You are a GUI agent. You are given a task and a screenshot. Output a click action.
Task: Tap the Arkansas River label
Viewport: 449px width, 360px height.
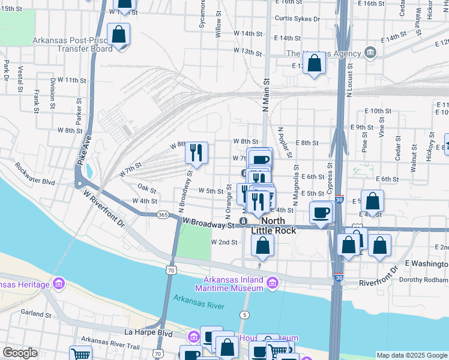199,302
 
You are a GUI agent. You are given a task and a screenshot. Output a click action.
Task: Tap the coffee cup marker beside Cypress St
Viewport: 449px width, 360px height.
321,212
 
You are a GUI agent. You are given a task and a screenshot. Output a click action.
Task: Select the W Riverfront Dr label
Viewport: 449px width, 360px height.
104,213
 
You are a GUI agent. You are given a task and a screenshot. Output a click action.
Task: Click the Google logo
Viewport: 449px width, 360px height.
20,353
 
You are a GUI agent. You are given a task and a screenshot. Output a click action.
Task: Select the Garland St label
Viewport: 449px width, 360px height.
36,313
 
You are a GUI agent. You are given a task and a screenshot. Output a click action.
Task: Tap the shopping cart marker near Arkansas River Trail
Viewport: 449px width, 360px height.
79,354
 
